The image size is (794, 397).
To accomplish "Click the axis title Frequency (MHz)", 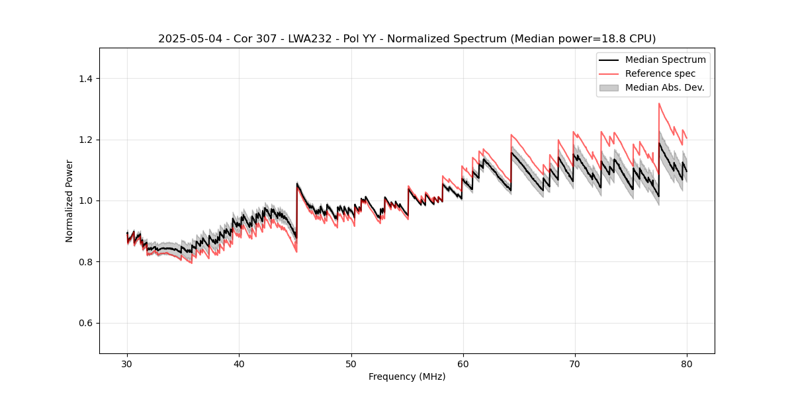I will [407, 376].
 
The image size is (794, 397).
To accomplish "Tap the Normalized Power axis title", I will [69, 200].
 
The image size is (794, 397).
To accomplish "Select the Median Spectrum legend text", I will [665, 60].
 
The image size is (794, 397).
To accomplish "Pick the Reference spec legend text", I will [660, 73].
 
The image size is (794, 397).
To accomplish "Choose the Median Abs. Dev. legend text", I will [664, 87].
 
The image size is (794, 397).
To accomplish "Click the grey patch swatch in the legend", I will [609, 87].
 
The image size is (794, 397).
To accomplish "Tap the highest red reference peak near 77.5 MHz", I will [659, 103].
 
